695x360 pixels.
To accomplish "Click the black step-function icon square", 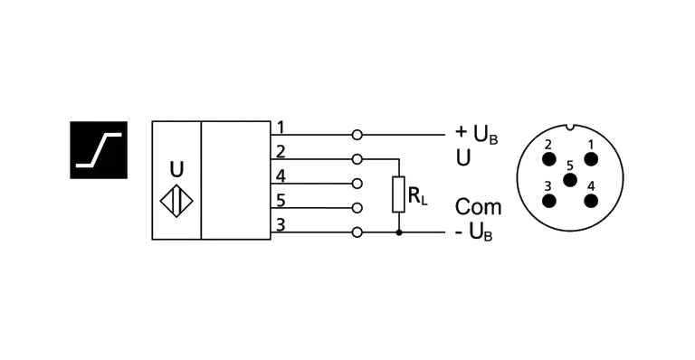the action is [99, 150].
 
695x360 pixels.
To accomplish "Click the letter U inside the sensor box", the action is [176, 169].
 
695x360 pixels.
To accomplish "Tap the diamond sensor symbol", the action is [176, 201].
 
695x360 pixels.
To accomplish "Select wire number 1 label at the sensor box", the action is [281, 128].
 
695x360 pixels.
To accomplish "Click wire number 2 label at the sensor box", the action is [281, 152].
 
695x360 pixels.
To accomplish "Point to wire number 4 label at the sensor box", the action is [281, 176].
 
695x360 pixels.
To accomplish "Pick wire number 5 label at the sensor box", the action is [281, 201].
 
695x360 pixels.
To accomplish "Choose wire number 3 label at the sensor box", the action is [281, 225].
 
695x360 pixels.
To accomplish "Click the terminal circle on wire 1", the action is [357, 135].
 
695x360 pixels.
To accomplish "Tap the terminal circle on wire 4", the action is [357, 184].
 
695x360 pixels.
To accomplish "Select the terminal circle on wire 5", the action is [357, 208].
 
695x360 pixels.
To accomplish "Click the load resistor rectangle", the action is [398, 194].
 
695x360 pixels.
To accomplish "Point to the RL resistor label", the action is [417, 195].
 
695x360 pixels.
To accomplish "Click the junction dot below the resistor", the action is [399, 232].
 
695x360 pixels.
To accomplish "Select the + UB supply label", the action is [477, 134].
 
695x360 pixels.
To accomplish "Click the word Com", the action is [478, 207].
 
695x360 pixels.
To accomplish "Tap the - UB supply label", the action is [474, 232].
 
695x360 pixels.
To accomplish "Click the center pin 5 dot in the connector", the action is [570, 180].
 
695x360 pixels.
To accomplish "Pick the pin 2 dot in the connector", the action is [549, 159].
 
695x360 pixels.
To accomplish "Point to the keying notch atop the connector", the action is [570, 128].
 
